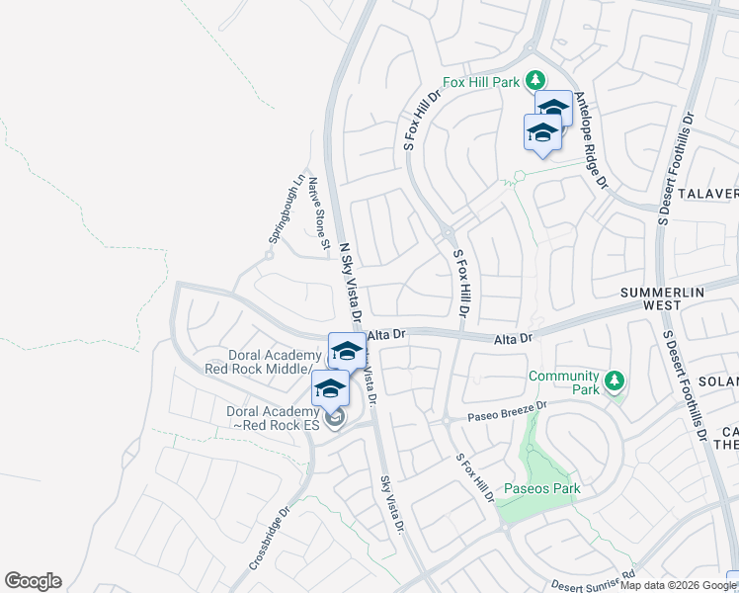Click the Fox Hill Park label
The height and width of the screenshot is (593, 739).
(480, 83)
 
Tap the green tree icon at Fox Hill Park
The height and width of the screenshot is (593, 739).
(534, 80)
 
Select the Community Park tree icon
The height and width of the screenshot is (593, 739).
(614, 381)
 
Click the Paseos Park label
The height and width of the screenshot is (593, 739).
(541, 488)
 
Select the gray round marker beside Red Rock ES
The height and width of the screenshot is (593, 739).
(334, 419)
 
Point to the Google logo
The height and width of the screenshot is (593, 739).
(33, 581)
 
